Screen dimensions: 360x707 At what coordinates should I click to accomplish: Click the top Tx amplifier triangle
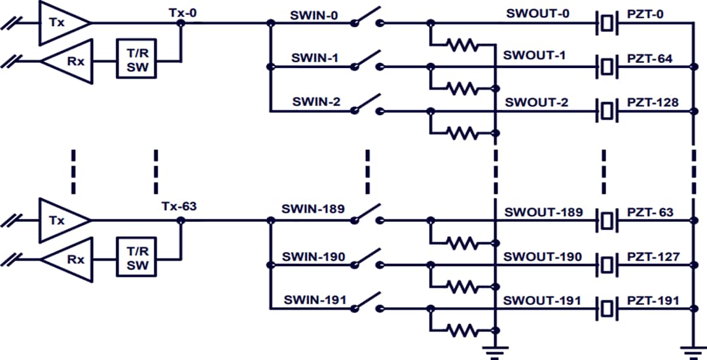62,23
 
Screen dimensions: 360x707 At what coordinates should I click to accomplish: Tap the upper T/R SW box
137,59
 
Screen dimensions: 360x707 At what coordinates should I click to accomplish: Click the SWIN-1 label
315,58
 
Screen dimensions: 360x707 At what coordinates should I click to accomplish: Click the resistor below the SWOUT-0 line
463,45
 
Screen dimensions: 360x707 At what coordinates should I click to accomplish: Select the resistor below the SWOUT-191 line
463,330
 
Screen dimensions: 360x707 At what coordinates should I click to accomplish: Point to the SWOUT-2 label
535,103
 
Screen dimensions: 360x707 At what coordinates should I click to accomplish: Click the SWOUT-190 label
542,257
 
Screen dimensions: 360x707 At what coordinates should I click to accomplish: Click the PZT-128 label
652,103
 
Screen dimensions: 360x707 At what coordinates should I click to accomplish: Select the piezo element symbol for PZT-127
607,265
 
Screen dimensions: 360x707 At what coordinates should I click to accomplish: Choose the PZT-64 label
649,59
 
